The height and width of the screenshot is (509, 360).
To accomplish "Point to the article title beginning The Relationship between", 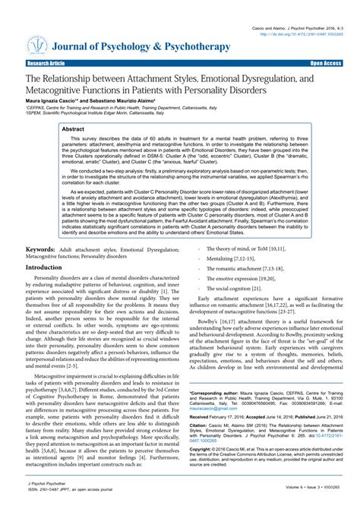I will click(179, 84).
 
